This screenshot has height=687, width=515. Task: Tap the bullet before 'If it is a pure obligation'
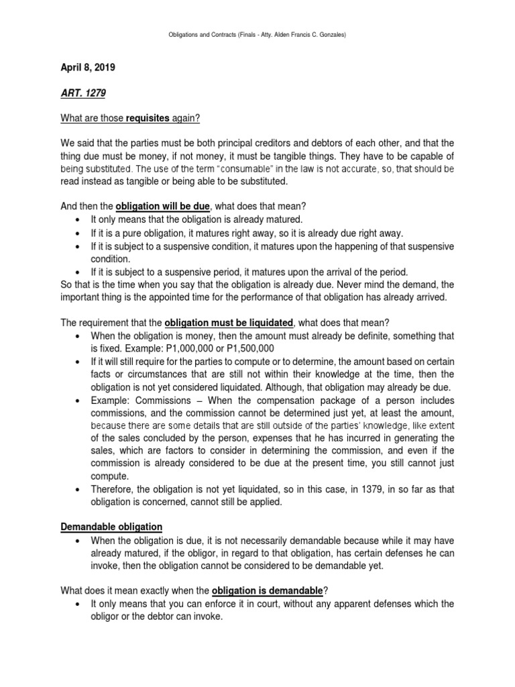click(x=80, y=233)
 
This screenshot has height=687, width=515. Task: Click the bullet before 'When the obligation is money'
click(x=80, y=335)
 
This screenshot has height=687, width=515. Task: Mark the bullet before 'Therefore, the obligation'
click(x=80, y=488)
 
